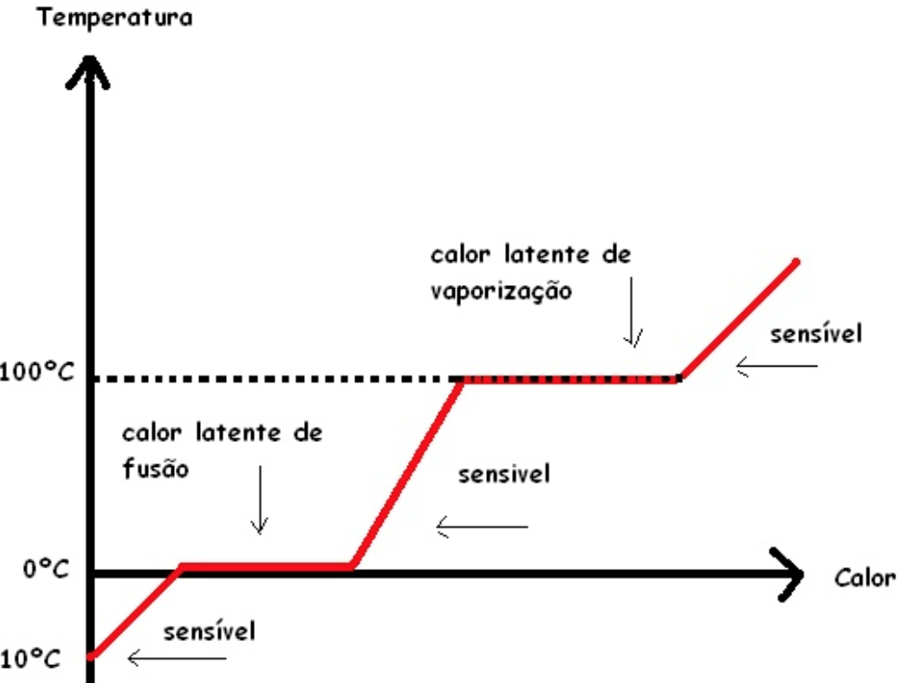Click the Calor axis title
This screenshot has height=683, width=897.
(x=865, y=576)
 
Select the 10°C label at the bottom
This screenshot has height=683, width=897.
(x=30, y=659)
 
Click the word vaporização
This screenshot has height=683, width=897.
(x=500, y=292)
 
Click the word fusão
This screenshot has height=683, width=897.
(x=155, y=469)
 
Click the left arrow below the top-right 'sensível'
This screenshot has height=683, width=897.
(x=777, y=366)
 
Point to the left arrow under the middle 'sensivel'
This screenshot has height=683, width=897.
(x=482, y=527)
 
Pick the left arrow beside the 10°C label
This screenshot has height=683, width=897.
(x=177, y=660)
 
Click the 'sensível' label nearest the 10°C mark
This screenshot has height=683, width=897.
(x=209, y=631)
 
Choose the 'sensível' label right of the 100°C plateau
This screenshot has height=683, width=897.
(x=816, y=334)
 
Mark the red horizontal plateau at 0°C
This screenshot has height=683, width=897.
(x=266, y=566)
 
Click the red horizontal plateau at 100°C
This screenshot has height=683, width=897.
(x=570, y=379)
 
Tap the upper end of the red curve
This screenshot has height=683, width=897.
(x=795, y=262)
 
